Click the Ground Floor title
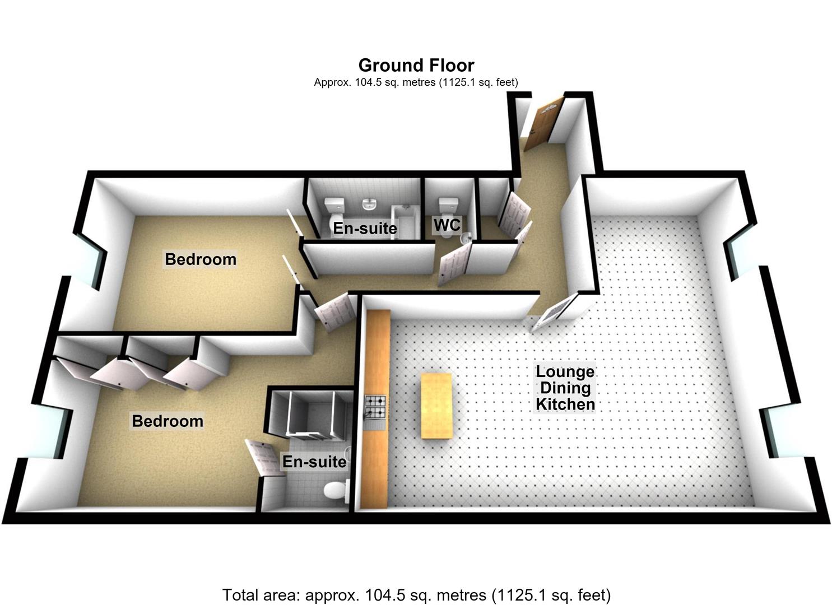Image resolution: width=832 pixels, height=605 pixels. click(x=416, y=66)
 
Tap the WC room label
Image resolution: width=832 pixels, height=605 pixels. click(x=447, y=225)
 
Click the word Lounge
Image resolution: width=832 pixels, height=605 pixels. click(x=565, y=371)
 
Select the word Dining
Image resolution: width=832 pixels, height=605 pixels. click(x=565, y=388)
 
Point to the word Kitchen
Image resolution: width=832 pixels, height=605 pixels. click(x=565, y=404)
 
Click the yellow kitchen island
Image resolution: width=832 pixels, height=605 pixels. click(x=436, y=406)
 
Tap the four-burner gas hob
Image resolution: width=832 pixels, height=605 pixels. click(x=376, y=406)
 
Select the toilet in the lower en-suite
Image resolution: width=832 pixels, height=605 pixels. click(x=337, y=490)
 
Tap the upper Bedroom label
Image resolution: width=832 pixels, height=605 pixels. click(x=201, y=259)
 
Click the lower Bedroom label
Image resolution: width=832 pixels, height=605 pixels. click(x=168, y=421)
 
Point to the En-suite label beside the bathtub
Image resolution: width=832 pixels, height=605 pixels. click(x=365, y=228)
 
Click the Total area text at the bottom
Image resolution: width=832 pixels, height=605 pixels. click(x=416, y=594)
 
